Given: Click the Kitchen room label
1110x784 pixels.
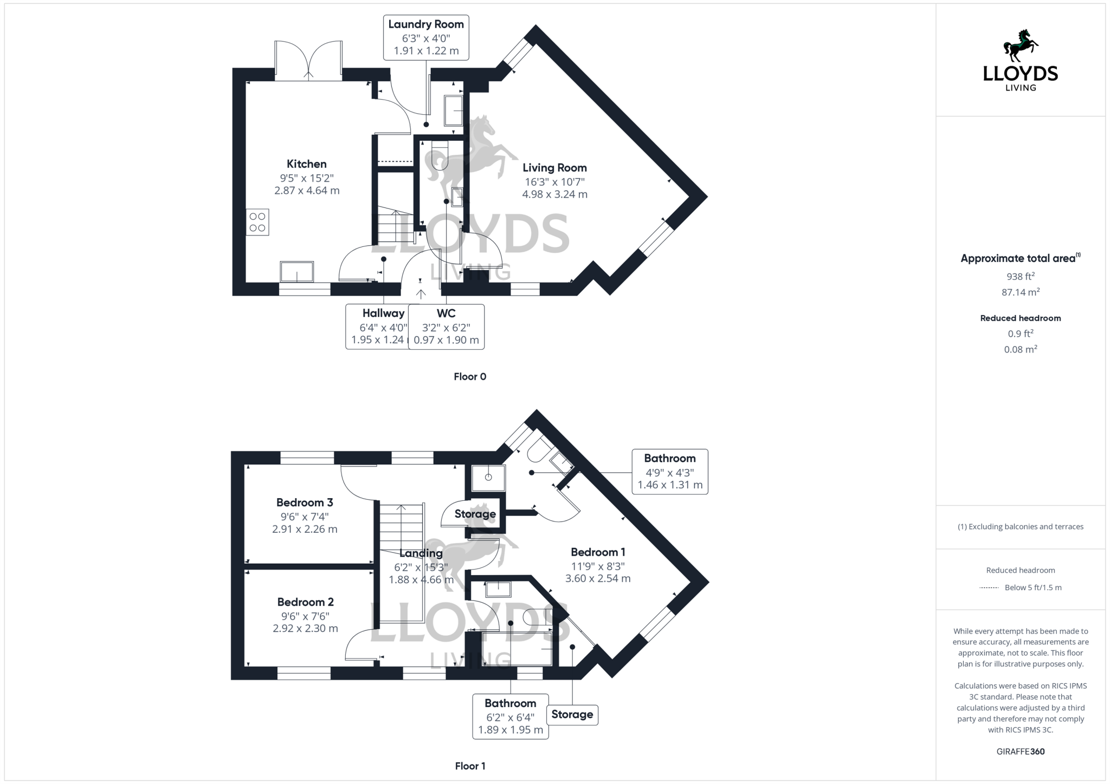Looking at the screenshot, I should (x=306, y=164).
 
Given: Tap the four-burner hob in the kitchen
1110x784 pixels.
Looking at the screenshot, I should (x=257, y=222).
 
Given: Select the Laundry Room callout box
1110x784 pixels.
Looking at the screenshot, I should (x=426, y=37).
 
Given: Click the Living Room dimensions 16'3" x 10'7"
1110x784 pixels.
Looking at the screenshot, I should (x=554, y=182).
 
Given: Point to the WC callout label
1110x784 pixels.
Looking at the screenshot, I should (x=446, y=313).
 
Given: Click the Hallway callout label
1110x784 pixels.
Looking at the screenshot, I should (x=383, y=313).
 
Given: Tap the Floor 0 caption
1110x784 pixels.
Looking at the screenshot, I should (x=470, y=377).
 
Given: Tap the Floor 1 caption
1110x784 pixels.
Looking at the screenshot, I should (x=470, y=766).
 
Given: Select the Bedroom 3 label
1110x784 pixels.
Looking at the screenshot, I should (x=305, y=502).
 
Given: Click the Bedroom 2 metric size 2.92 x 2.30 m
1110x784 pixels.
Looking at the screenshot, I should (x=305, y=629).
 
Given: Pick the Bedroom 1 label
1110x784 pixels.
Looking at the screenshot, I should (x=598, y=552).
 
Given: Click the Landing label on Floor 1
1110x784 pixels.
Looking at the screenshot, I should (x=421, y=553).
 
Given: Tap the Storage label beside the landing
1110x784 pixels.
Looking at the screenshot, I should (x=475, y=514).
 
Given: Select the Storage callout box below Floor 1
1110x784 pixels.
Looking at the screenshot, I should (x=572, y=715).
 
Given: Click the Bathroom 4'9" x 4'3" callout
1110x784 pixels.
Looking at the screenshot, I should (x=669, y=472).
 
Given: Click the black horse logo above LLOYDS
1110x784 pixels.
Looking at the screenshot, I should (x=1020, y=46).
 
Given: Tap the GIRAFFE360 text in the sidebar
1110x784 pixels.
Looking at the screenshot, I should (x=1020, y=752).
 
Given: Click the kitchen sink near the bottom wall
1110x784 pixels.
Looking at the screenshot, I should (x=297, y=272).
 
